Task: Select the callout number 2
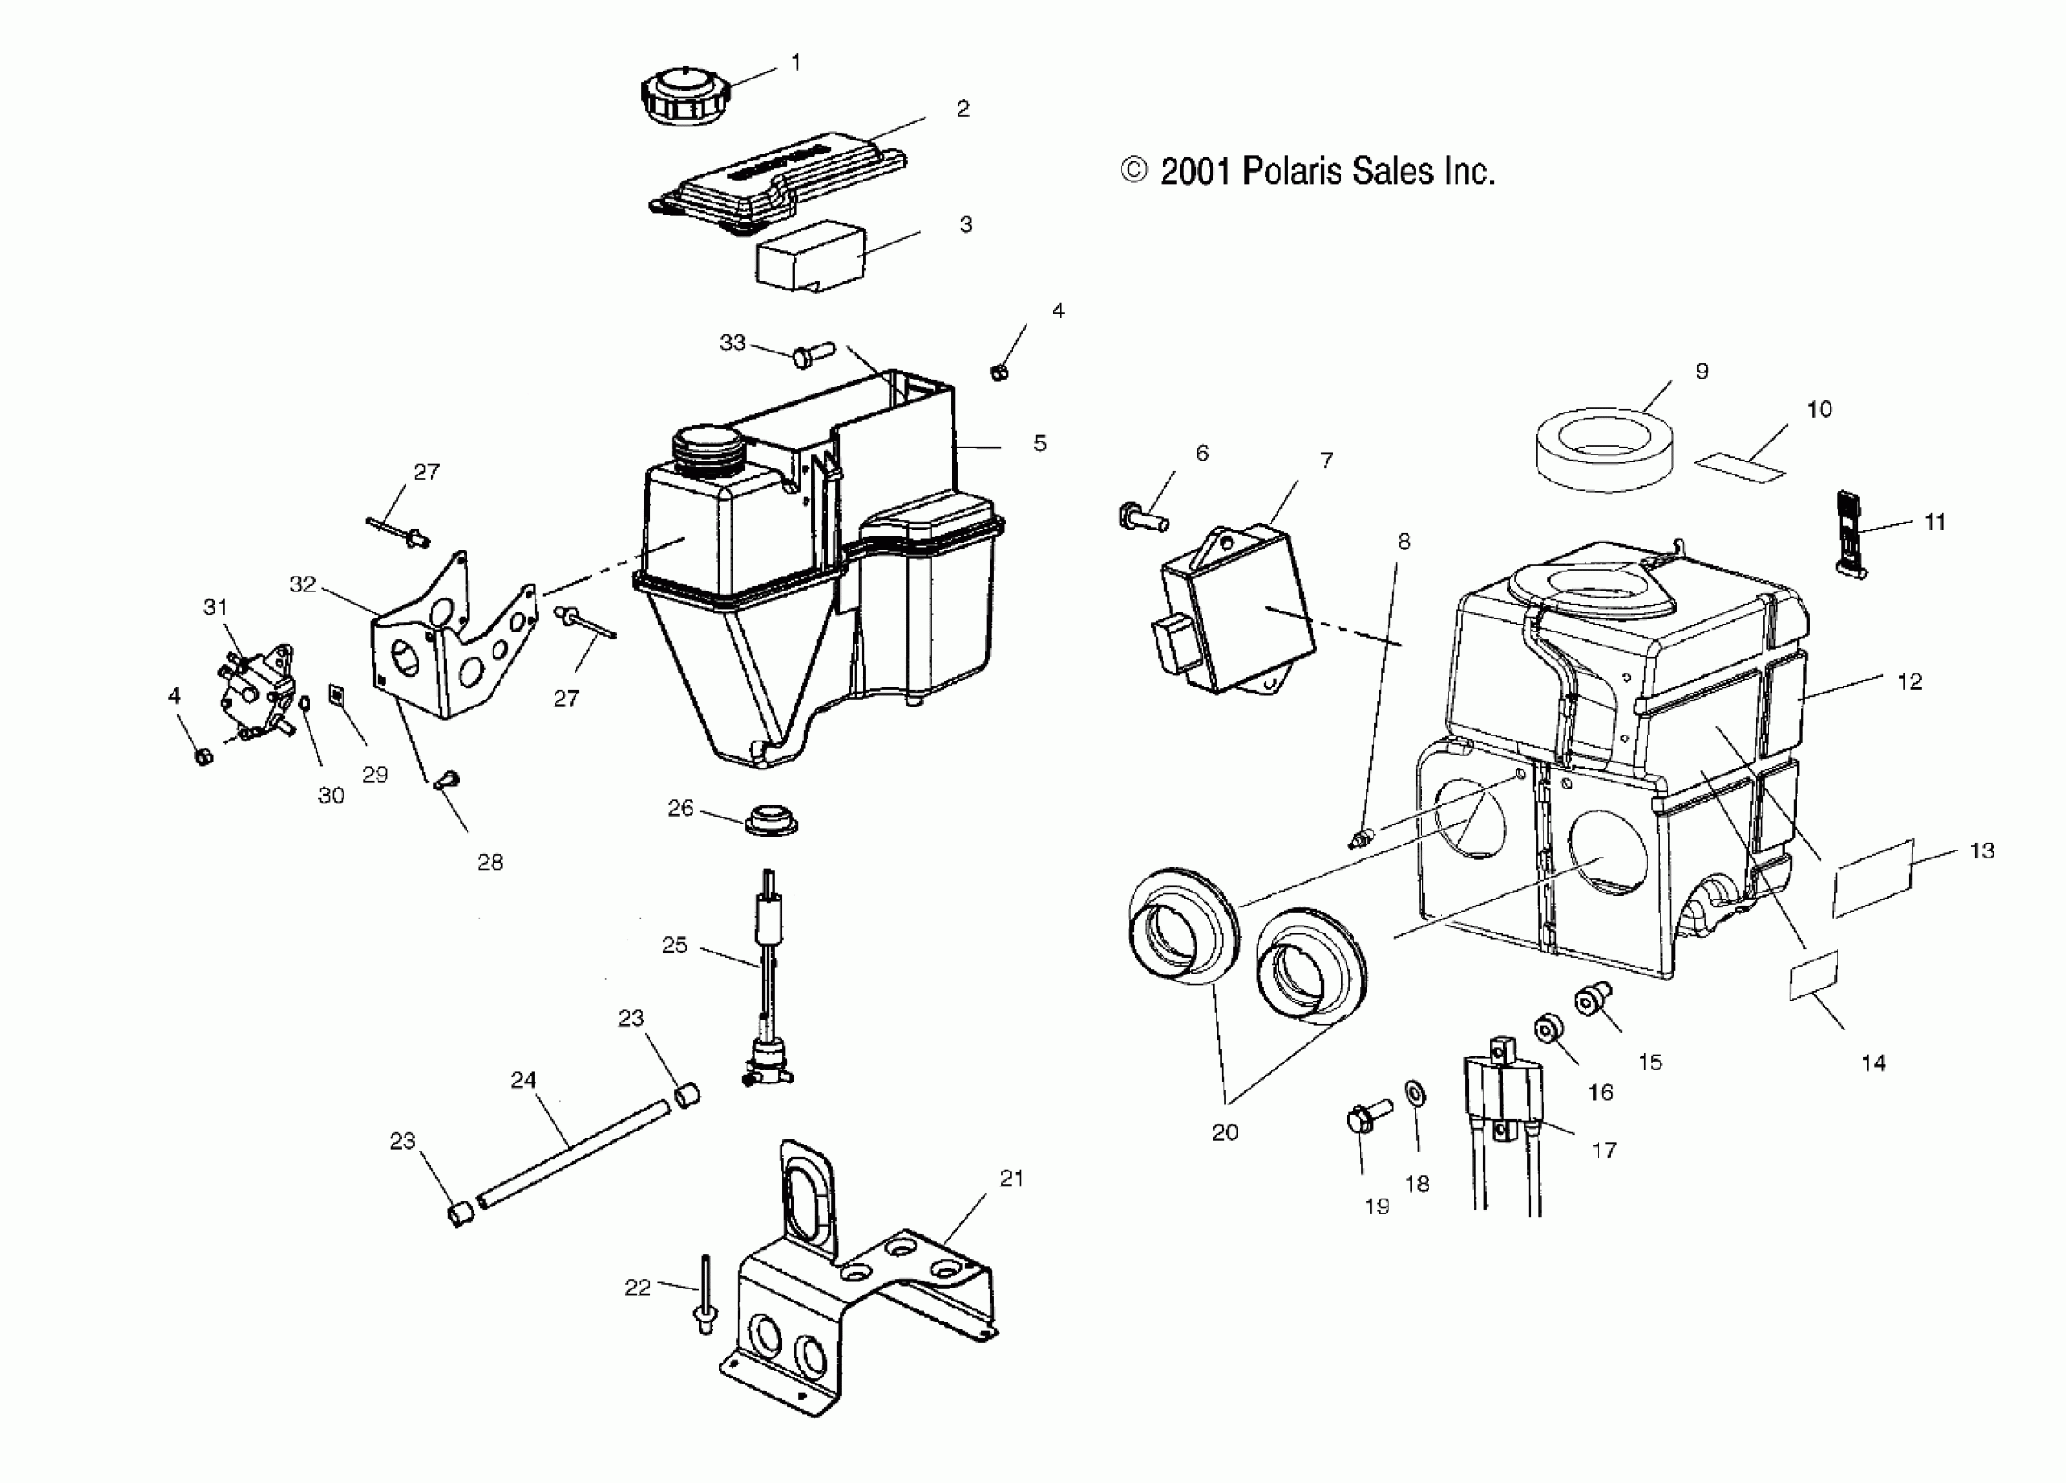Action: [x=963, y=109]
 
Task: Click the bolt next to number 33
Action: [x=813, y=354]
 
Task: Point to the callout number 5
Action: [x=1040, y=444]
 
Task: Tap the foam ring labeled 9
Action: [x=1603, y=448]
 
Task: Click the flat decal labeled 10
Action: [x=1740, y=468]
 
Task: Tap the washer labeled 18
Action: [x=1415, y=1094]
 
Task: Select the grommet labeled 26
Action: [x=771, y=819]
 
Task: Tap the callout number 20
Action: [x=1224, y=1132]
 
